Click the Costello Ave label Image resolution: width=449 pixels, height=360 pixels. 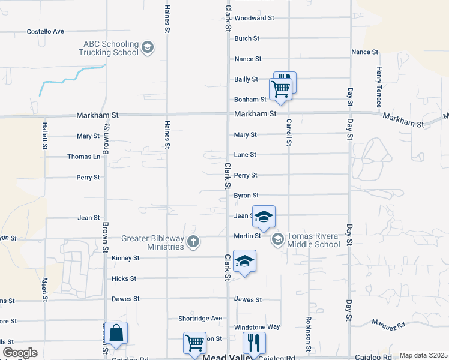[x=46, y=31]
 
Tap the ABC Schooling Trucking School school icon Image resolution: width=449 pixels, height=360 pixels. [x=149, y=47]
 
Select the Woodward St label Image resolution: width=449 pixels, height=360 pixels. [x=254, y=18]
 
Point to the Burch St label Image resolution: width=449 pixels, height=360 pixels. [x=247, y=38]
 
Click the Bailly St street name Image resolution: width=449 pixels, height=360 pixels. [x=246, y=79]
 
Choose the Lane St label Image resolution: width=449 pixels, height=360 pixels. [x=245, y=155]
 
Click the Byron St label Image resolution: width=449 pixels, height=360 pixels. [x=246, y=196]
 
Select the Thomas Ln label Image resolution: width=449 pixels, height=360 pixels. [x=83, y=157]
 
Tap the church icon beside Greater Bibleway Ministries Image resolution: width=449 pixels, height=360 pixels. [x=193, y=242]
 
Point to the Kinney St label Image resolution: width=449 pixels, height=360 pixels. [x=125, y=258]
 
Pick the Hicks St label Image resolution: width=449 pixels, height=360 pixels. [x=124, y=279]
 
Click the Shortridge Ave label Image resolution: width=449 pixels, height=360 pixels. [x=200, y=319]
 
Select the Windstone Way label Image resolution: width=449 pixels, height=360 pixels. [x=257, y=327]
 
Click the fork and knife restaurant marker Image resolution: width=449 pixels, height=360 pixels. [x=253, y=343]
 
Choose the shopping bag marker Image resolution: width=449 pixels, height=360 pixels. [x=116, y=333]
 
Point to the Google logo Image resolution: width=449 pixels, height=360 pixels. [x=20, y=353]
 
